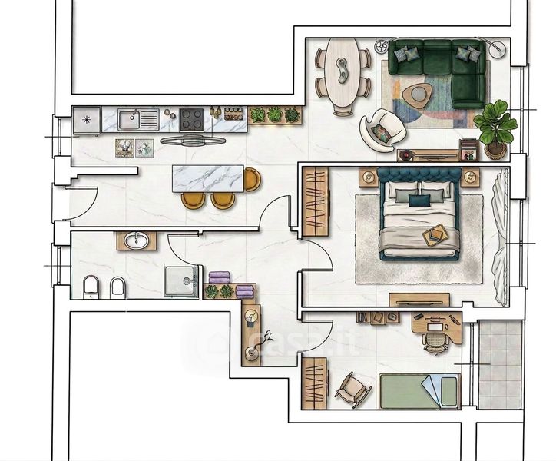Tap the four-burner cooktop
point(192,119)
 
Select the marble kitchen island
point(208,178)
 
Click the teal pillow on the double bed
point(419,201)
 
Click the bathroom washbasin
point(137,240)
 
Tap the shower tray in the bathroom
point(180,280)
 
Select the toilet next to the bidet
point(91,287)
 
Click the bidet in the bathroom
point(117,287)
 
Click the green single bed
point(419,391)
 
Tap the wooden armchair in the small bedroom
point(352,390)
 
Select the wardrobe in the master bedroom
point(315,201)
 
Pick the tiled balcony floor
point(501,364)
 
